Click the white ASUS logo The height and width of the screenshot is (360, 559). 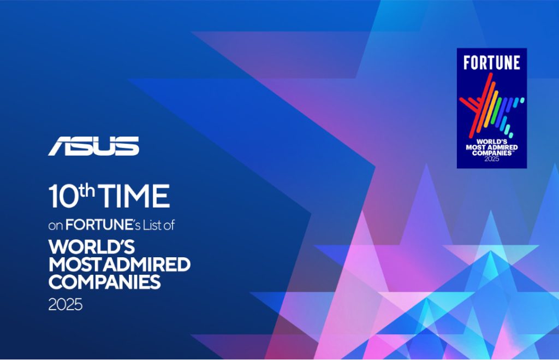tap(93, 146)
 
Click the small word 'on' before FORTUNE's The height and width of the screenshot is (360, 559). tap(56, 225)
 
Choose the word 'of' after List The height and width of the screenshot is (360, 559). tap(170, 225)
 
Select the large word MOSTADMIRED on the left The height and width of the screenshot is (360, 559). tap(120, 265)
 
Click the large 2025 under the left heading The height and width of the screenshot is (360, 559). tap(65, 304)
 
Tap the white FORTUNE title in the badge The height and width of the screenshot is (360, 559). tap(491, 62)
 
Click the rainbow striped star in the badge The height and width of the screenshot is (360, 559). tap(489, 107)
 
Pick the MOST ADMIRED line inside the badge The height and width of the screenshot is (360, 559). tap(491, 147)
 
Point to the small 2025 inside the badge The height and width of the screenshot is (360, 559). tap(491, 159)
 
